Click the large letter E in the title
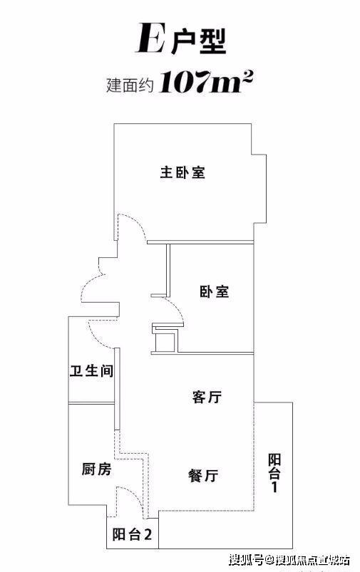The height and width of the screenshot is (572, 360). [x=150, y=38]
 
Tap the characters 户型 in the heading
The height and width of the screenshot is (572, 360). [x=199, y=41]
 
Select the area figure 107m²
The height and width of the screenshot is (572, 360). [x=206, y=81]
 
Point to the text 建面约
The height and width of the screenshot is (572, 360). [x=129, y=85]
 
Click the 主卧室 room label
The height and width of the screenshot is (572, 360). [x=182, y=172]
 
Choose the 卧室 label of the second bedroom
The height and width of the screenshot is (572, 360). [x=215, y=292]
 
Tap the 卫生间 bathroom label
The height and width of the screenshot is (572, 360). [x=92, y=370]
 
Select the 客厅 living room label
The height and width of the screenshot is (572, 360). [x=207, y=397]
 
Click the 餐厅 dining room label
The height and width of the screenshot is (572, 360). [x=203, y=475]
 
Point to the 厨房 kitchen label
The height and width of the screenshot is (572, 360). [x=96, y=469]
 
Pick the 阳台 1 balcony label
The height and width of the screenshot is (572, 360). [x=274, y=473]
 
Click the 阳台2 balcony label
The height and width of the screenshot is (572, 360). [x=132, y=535]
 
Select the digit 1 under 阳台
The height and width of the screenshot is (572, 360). [x=274, y=487]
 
